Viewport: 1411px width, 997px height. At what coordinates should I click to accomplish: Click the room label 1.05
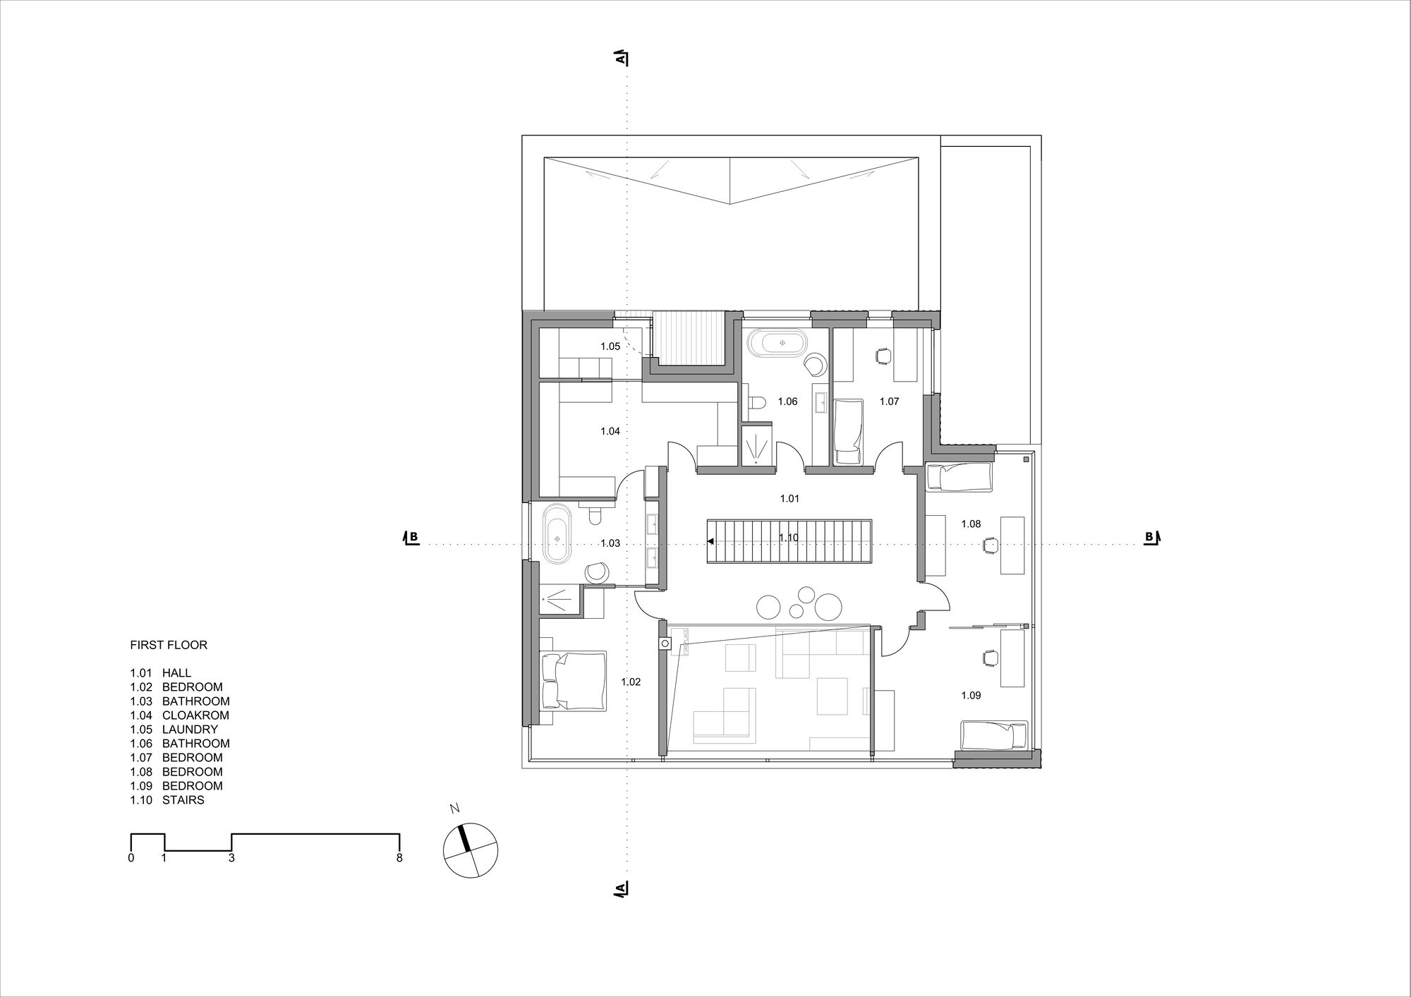pos(610,346)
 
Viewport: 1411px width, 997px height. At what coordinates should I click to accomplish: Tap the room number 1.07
pos(889,401)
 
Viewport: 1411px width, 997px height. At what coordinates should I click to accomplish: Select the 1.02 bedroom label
pos(631,682)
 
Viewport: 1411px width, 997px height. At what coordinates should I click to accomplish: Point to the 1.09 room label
pos(971,696)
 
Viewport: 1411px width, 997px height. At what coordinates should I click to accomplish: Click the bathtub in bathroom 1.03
pos(557,534)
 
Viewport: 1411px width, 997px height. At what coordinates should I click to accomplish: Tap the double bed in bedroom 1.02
pos(573,680)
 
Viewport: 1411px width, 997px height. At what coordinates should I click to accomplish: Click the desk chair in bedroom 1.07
pos(881,356)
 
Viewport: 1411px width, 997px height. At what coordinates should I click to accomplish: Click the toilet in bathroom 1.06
pos(756,403)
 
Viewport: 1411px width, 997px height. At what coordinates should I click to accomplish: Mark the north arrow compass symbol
pos(471,850)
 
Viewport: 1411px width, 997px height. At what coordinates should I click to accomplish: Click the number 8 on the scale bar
pos(399,859)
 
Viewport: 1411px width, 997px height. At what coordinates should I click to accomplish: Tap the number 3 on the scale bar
pos(231,859)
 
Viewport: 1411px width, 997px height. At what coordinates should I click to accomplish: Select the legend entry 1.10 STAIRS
pos(167,800)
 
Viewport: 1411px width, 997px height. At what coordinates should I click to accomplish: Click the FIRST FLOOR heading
pos(169,645)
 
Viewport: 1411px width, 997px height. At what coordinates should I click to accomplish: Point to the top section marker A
pos(621,59)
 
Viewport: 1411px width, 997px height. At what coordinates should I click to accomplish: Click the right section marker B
pos(1151,538)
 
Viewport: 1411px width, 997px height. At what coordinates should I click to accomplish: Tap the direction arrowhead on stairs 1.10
pos(711,542)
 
